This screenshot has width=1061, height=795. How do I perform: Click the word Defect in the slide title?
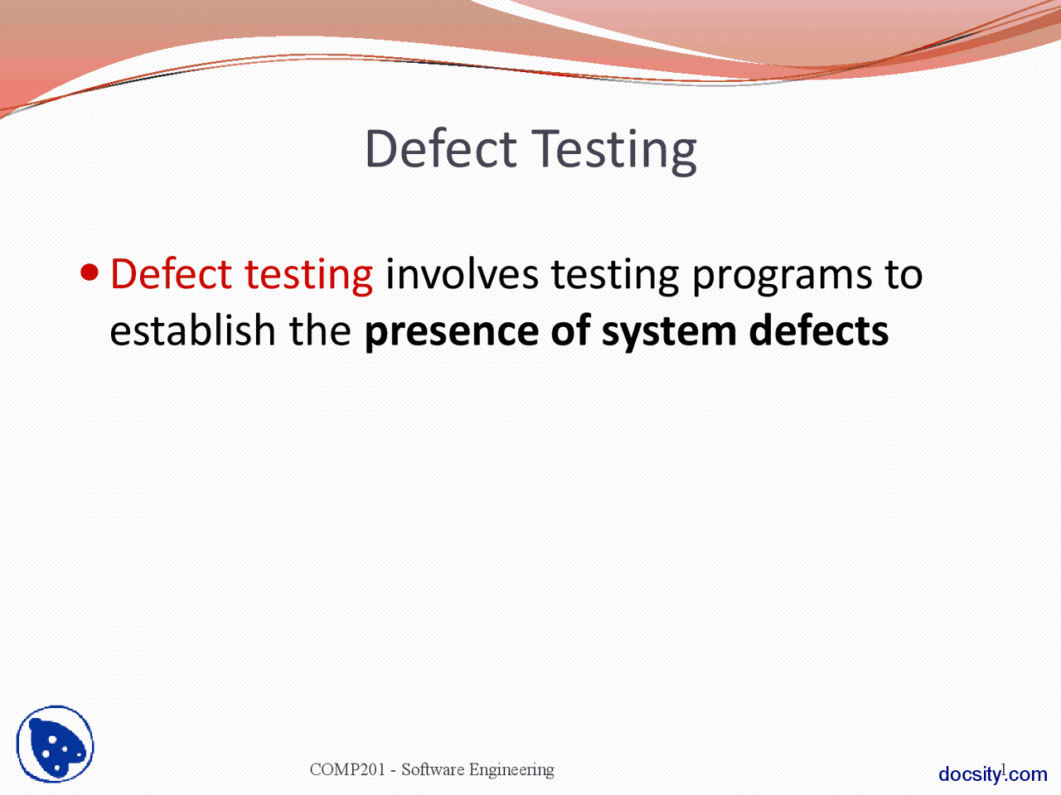[440, 149]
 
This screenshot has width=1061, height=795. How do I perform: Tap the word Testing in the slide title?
[614, 151]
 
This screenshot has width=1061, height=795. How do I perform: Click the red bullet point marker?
[90, 272]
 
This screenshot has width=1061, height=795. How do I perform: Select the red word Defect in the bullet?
[171, 274]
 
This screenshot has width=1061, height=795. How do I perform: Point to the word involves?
[462, 274]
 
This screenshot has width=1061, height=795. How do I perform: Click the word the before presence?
[320, 330]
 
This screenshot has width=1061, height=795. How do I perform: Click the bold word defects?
[819, 330]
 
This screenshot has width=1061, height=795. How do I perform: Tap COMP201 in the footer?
[347, 769]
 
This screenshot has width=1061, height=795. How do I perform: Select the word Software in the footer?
[433, 769]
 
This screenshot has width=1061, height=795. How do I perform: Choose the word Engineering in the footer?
[511, 770]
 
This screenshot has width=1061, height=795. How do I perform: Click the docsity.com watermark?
[993, 774]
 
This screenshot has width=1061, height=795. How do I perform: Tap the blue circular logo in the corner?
[55, 744]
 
